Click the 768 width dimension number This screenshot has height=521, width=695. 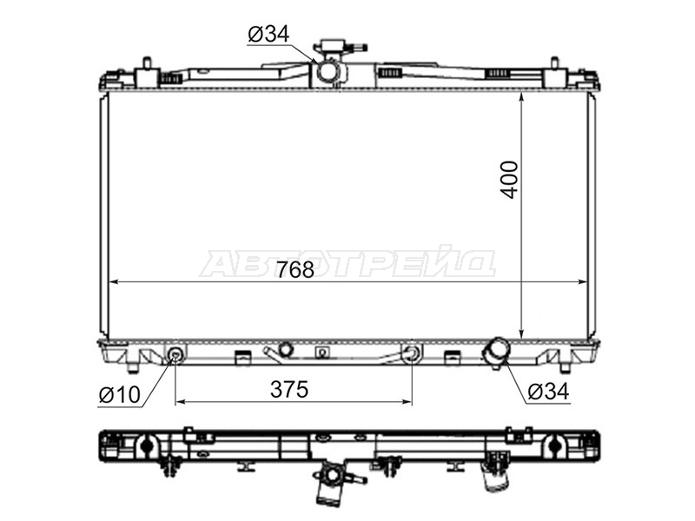click(x=295, y=270)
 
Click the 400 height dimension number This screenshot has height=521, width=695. click(x=509, y=180)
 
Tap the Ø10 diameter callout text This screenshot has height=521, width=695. click(x=120, y=394)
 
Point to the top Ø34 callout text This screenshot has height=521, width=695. click(x=268, y=34)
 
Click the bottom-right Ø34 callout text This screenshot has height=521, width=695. click(x=548, y=392)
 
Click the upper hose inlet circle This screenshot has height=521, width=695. click(x=328, y=70)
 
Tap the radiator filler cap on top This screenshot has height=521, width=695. click(x=340, y=47)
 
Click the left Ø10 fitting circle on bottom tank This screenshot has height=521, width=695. click(x=176, y=353)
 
